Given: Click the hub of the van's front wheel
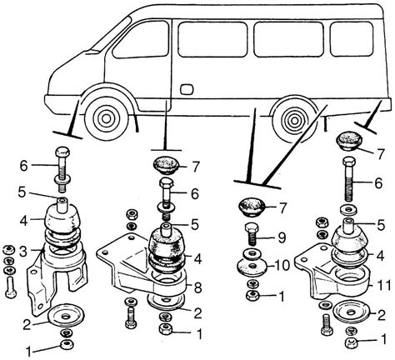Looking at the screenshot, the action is (106, 118).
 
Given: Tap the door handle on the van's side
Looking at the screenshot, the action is (186, 88).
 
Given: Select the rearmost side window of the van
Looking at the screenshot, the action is (352, 39).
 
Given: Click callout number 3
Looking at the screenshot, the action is (23, 252).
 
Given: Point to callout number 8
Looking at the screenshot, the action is (198, 288).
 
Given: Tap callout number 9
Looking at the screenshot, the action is (282, 237).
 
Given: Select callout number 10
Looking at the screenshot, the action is (282, 265).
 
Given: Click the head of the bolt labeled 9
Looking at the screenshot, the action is (252, 227).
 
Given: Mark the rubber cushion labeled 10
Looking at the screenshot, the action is (252, 266).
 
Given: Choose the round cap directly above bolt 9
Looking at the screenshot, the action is (252, 207).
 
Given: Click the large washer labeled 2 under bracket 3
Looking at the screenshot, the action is (66, 316).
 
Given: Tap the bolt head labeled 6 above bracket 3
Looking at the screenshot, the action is (63, 152).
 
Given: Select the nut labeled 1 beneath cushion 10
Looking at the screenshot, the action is (252, 295).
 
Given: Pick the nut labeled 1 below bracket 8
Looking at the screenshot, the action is (166, 329).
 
